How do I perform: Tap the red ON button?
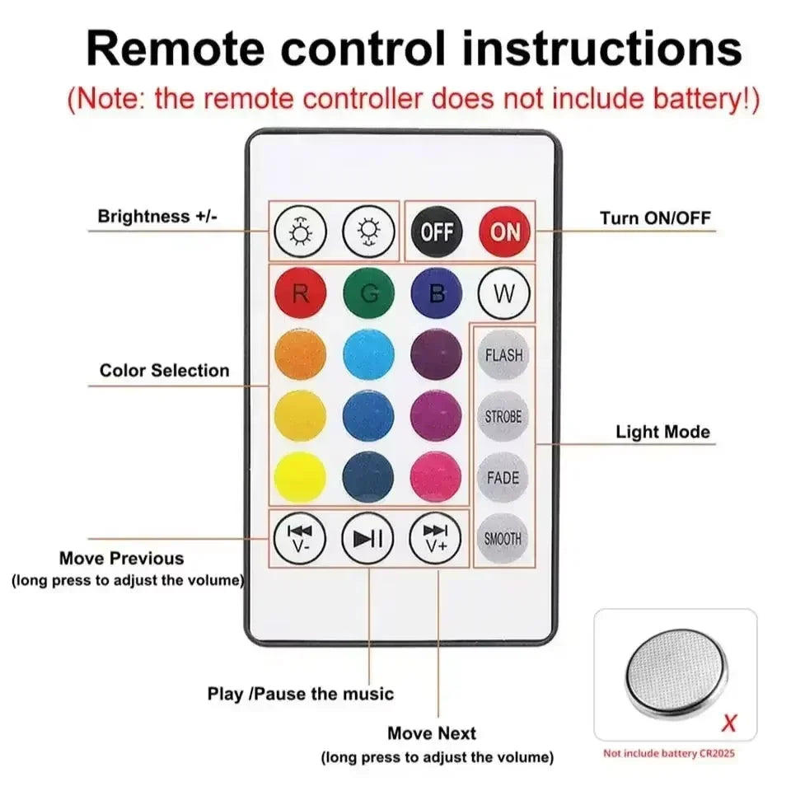505,231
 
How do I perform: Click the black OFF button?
437,231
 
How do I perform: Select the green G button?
368,293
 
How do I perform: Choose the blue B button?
437,293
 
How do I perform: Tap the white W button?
504,293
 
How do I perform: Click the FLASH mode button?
503,355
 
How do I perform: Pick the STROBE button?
503,416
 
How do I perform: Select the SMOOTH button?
503,539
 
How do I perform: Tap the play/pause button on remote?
368,539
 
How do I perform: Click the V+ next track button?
436,539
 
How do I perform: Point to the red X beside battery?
728,723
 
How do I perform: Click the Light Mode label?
662,432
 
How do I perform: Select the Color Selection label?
165,371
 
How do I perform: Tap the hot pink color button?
436,477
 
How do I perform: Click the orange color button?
300,355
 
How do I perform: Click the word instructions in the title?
601,49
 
